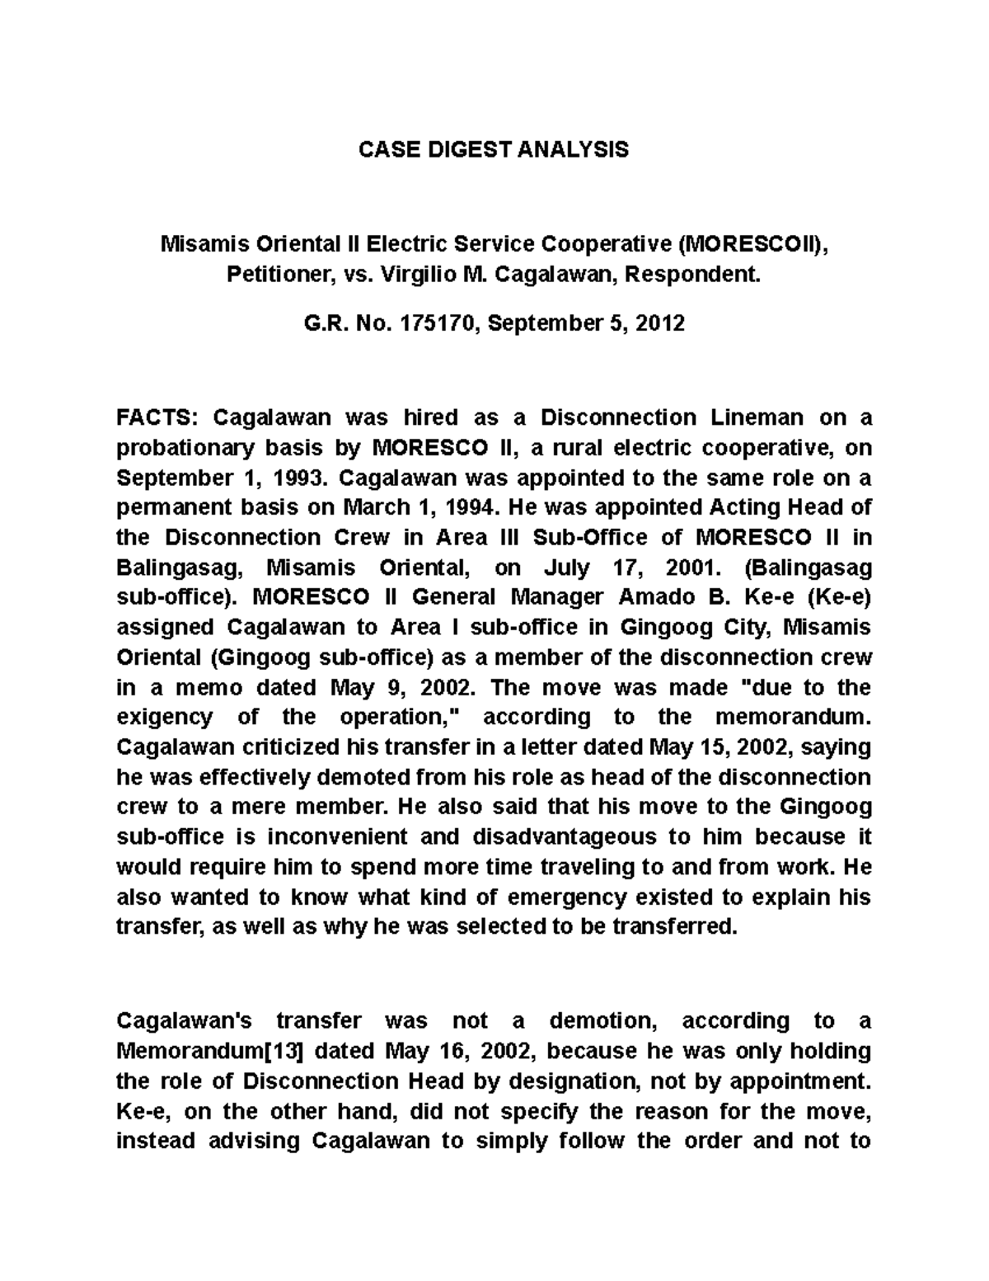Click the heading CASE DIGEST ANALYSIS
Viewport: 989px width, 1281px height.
coord(494,149)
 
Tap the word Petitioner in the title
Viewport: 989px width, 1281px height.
coord(277,275)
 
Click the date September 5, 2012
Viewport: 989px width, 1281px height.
coord(585,323)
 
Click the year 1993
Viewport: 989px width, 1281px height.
coord(302,478)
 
